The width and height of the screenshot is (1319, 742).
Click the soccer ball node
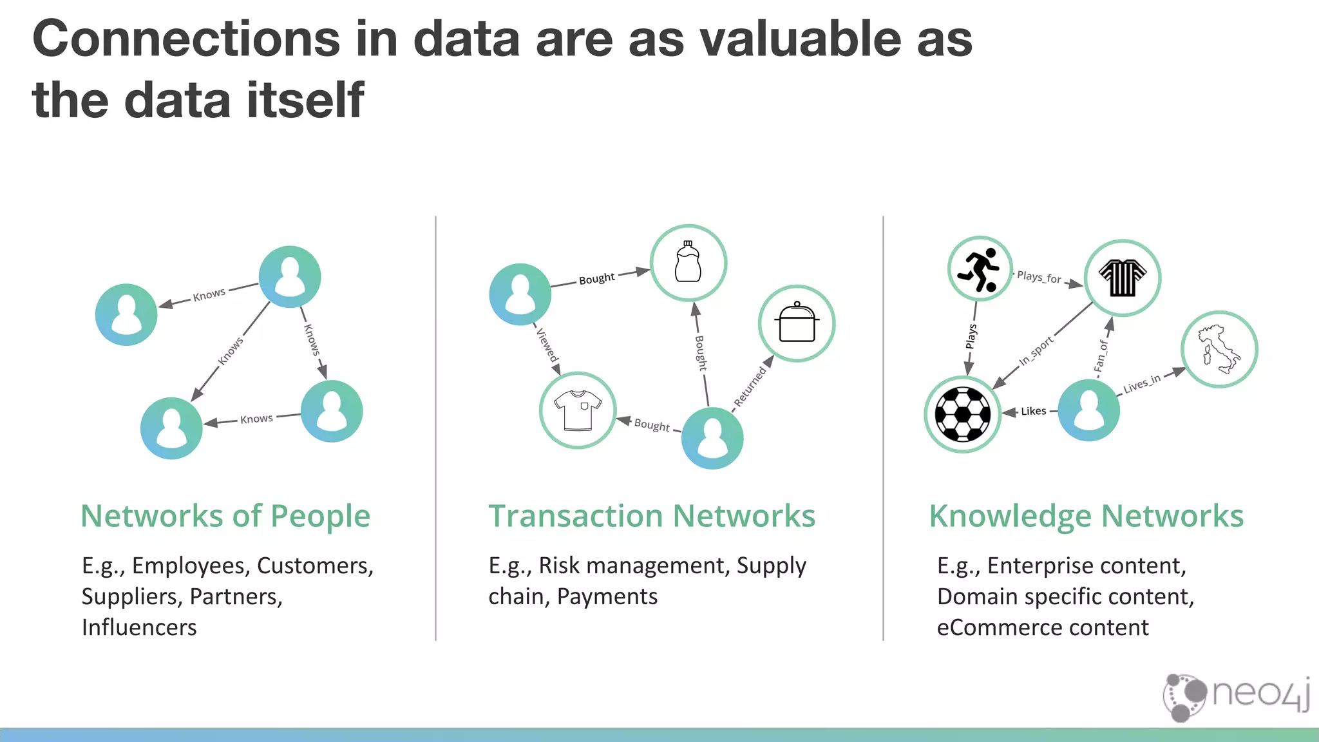[962, 414]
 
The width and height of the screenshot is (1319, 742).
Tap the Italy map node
[1219, 350]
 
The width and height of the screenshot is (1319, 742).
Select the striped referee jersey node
[1123, 278]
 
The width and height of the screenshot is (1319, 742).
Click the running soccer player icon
[980, 269]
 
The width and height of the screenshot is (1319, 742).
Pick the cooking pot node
[797, 323]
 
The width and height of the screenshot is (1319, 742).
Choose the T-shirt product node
[578, 410]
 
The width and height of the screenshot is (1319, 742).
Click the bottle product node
[688, 263]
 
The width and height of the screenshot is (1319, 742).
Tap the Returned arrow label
[750, 386]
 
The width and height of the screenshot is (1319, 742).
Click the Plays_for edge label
[1039, 277]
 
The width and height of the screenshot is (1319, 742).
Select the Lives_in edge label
[1141, 384]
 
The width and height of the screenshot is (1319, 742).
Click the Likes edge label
[1033, 411]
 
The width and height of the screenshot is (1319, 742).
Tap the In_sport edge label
[1036, 350]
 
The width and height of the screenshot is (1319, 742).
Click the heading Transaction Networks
[652, 516]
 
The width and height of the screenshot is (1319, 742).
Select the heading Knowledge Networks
[1086, 516]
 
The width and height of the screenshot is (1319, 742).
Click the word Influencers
[139, 627]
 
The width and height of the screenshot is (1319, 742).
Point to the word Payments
[607, 596]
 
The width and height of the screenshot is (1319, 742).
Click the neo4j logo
[1237, 696]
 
